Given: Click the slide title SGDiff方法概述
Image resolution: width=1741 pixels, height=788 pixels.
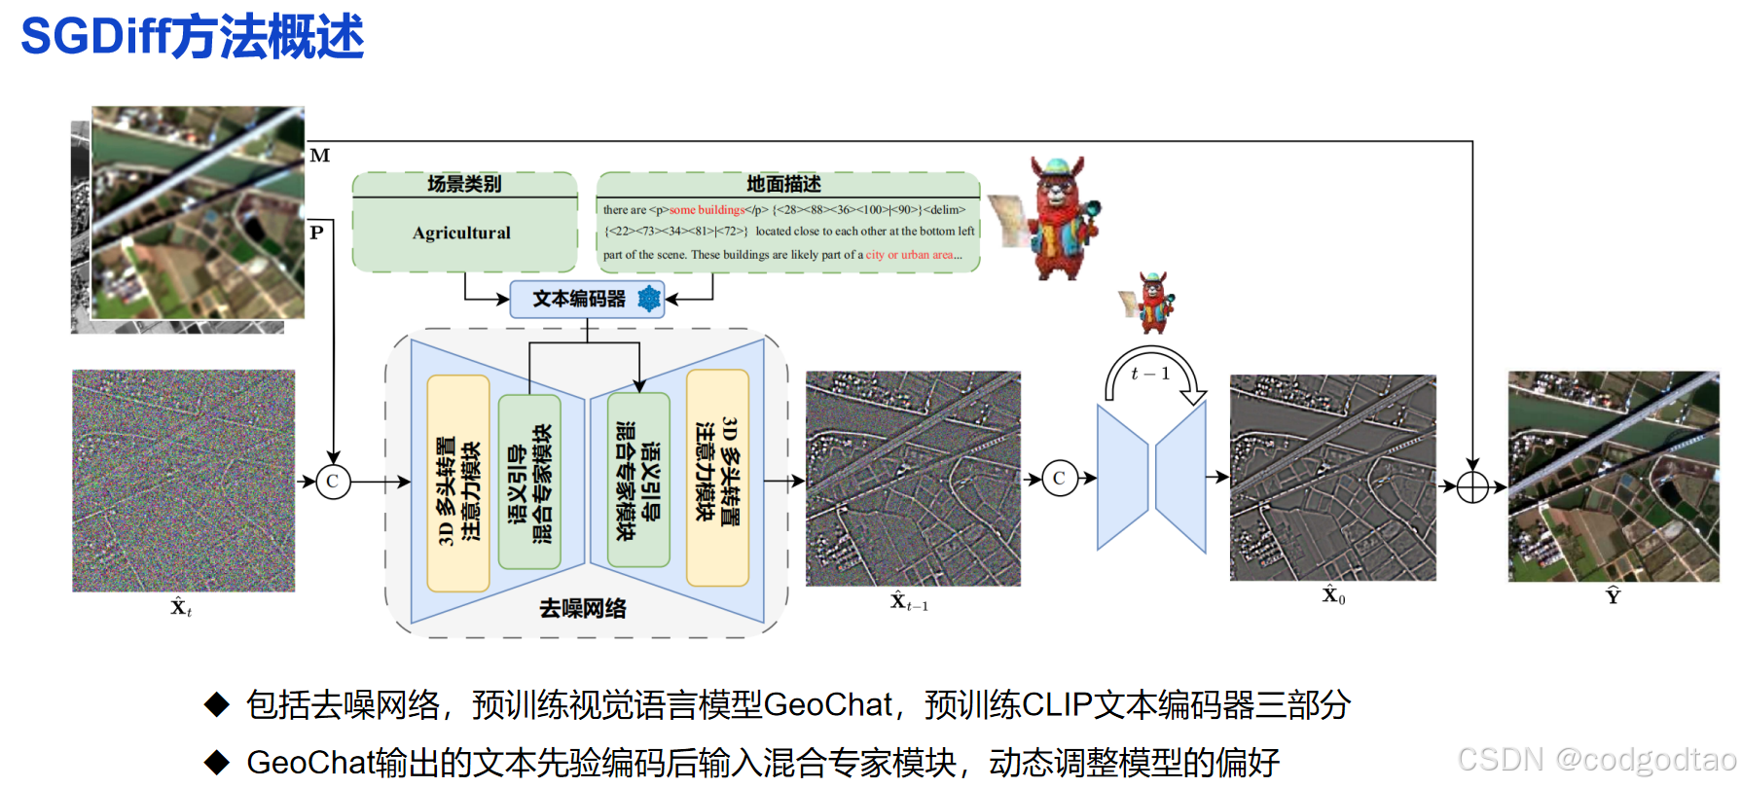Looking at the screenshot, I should (x=192, y=37).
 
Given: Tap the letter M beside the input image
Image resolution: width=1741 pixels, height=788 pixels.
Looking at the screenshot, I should (x=320, y=156).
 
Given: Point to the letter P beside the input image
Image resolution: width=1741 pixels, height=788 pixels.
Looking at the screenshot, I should (x=316, y=233).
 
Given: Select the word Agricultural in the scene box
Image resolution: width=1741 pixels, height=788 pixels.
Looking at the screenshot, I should (x=461, y=233).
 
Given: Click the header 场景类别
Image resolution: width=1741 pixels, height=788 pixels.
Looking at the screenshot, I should (x=464, y=184).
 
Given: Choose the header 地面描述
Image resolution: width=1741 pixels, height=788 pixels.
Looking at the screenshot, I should (x=783, y=184).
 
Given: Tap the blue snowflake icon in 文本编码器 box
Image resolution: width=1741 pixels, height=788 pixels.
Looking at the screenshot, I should (x=649, y=299).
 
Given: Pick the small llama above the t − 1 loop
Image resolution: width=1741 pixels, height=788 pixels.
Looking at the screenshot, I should (x=1151, y=303).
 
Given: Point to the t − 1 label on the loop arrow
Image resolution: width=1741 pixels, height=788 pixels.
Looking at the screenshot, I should (x=1150, y=374).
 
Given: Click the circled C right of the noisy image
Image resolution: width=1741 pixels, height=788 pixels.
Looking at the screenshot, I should (x=333, y=482).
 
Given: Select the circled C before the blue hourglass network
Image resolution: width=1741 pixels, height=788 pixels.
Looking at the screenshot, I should (x=1059, y=479).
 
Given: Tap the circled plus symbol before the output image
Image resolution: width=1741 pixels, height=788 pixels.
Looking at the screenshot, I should (x=1472, y=486).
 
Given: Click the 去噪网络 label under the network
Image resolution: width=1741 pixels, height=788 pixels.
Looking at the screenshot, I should (x=583, y=609).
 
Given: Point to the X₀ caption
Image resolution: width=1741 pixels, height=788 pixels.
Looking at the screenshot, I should (x=1333, y=596).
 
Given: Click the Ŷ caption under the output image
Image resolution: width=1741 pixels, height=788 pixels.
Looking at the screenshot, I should (x=1613, y=596).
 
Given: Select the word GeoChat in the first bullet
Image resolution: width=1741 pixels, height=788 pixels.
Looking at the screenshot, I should (x=827, y=704).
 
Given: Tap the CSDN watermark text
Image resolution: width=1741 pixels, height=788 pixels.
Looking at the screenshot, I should (x=1596, y=760).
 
